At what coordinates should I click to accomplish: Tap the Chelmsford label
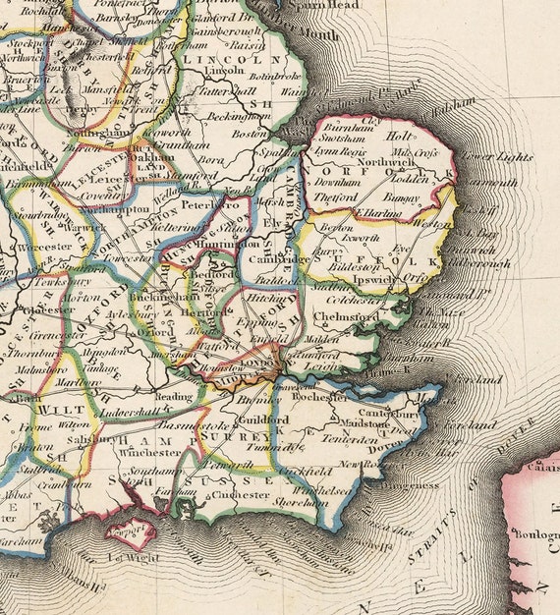tap(346, 317)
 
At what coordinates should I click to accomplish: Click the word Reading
tap(175, 397)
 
